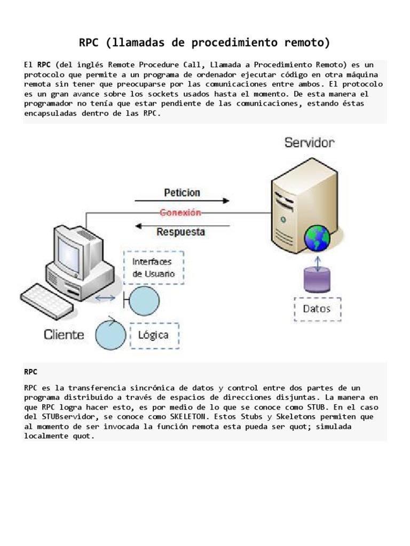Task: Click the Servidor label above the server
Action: tap(310, 143)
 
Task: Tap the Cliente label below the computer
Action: tap(64, 334)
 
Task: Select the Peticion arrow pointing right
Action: tap(182, 201)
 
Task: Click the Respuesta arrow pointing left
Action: tap(182, 226)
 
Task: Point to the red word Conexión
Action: tap(181, 213)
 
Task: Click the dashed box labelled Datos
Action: tap(317, 308)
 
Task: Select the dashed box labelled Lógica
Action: tap(154, 335)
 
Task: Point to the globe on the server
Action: tap(317, 237)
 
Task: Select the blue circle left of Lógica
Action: tap(110, 334)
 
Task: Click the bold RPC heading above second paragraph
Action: tap(31, 371)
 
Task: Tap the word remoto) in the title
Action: tap(306, 42)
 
